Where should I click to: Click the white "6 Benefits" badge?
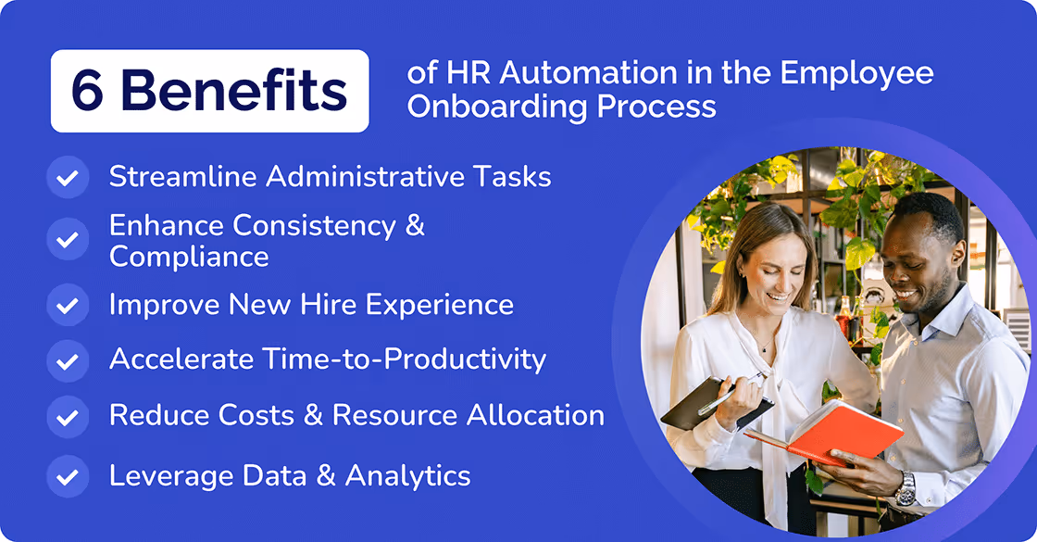(x=209, y=91)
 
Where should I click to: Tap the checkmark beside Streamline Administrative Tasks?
(x=68, y=177)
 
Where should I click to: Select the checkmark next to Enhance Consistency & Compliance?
(x=68, y=240)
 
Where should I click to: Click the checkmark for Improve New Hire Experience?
(x=68, y=305)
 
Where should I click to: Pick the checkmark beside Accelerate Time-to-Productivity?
(x=68, y=359)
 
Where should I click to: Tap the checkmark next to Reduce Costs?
(x=68, y=415)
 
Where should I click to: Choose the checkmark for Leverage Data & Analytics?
(x=68, y=476)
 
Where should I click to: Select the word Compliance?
(x=189, y=256)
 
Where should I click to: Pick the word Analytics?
(x=407, y=475)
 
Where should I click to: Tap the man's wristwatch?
(x=906, y=486)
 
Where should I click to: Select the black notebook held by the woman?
(x=709, y=403)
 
